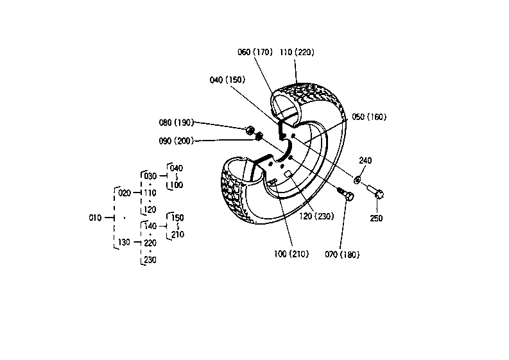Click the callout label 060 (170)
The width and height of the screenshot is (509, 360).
pyautogui.click(x=255, y=52)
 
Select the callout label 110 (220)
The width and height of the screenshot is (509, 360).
pyautogui.click(x=297, y=52)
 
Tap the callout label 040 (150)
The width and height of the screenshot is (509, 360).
pyautogui.click(x=227, y=80)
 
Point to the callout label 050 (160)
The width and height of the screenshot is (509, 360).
pyautogui.click(x=369, y=117)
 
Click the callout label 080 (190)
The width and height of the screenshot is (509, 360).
pyautogui.click(x=177, y=123)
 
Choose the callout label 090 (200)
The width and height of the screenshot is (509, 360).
pyautogui.click(x=177, y=141)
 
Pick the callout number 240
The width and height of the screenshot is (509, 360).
pyautogui.click(x=365, y=160)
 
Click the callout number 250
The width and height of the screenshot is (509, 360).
pyautogui.click(x=376, y=218)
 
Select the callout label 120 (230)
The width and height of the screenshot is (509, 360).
pyautogui.click(x=316, y=216)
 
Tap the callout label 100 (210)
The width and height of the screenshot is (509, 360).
pyautogui.click(x=291, y=254)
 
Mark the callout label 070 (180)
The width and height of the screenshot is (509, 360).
pyautogui.click(x=342, y=255)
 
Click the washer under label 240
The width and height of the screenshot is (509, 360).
pyautogui.click(x=357, y=179)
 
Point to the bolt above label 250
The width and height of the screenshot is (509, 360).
pyautogui.click(x=376, y=191)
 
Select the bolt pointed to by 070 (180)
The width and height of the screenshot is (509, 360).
pyautogui.click(x=346, y=194)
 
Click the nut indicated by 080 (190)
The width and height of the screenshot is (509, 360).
pyautogui.click(x=250, y=130)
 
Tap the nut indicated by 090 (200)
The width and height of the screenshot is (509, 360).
pyautogui.click(x=259, y=136)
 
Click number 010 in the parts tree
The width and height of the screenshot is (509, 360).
pyautogui.click(x=95, y=218)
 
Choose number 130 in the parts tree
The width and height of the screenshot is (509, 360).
pyautogui.click(x=124, y=242)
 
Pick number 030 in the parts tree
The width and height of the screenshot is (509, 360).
pyautogui.click(x=150, y=176)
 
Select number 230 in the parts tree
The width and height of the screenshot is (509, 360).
pyautogui.click(x=150, y=260)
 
